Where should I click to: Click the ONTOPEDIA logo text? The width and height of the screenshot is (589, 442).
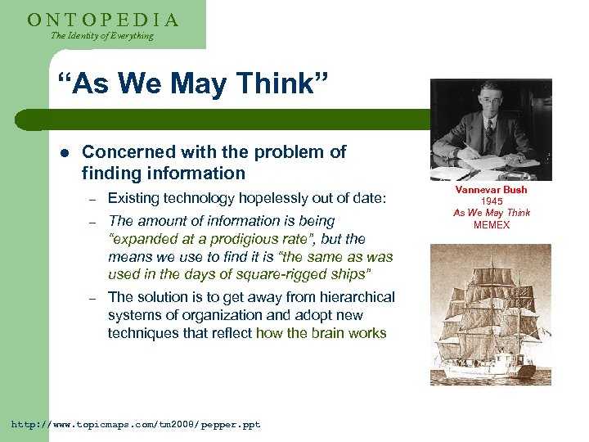click(103, 19)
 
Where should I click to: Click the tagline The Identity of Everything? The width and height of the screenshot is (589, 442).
click(101, 36)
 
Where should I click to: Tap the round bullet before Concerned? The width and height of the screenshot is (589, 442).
click(62, 152)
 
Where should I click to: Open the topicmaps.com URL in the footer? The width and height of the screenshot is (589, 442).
click(135, 425)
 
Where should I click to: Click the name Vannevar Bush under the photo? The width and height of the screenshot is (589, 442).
click(491, 190)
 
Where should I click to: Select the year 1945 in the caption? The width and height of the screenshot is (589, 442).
click(492, 201)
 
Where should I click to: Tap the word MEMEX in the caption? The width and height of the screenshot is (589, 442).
click(492, 224)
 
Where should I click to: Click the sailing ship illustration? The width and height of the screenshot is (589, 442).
click(491, 315)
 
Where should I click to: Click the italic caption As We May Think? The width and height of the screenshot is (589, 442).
click(492, 213)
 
